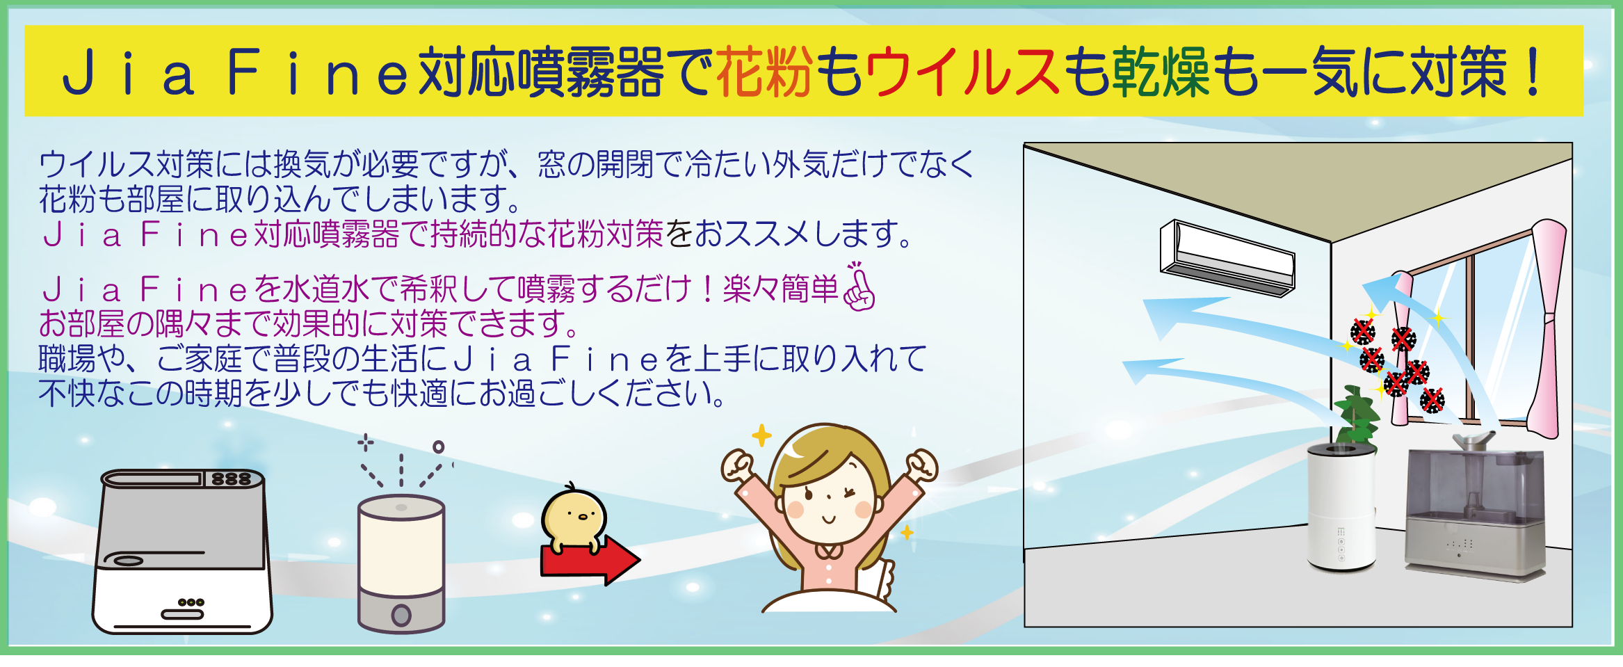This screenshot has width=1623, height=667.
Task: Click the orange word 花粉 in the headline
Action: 764,72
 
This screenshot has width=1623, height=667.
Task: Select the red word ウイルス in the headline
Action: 963,72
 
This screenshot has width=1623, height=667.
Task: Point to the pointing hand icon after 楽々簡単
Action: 859,286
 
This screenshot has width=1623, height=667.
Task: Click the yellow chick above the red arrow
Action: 574,519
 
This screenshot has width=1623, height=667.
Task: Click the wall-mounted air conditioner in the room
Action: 1227,257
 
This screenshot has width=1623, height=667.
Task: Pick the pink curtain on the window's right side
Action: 1549,327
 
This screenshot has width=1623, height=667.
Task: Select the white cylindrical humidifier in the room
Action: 1341,508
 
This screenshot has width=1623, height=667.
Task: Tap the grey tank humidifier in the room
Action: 1475,511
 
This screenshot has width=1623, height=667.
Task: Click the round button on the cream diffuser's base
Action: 401,615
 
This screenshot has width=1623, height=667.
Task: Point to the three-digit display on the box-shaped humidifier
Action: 232,479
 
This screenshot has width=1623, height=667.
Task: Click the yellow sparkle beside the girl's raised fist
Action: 762,436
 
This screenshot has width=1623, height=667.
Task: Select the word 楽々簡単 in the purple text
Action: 781,289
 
